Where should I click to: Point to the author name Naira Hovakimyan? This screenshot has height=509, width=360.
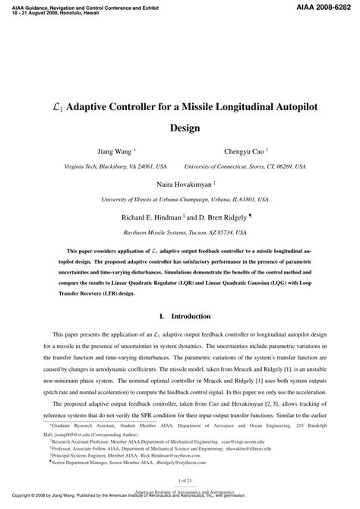pyautogui.click(x=177, y=185)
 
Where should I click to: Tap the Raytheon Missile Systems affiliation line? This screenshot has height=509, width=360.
pyautogui.click(x=181, y=230)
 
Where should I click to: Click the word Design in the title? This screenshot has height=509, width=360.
pyautogui.click(x=180, y=128)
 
